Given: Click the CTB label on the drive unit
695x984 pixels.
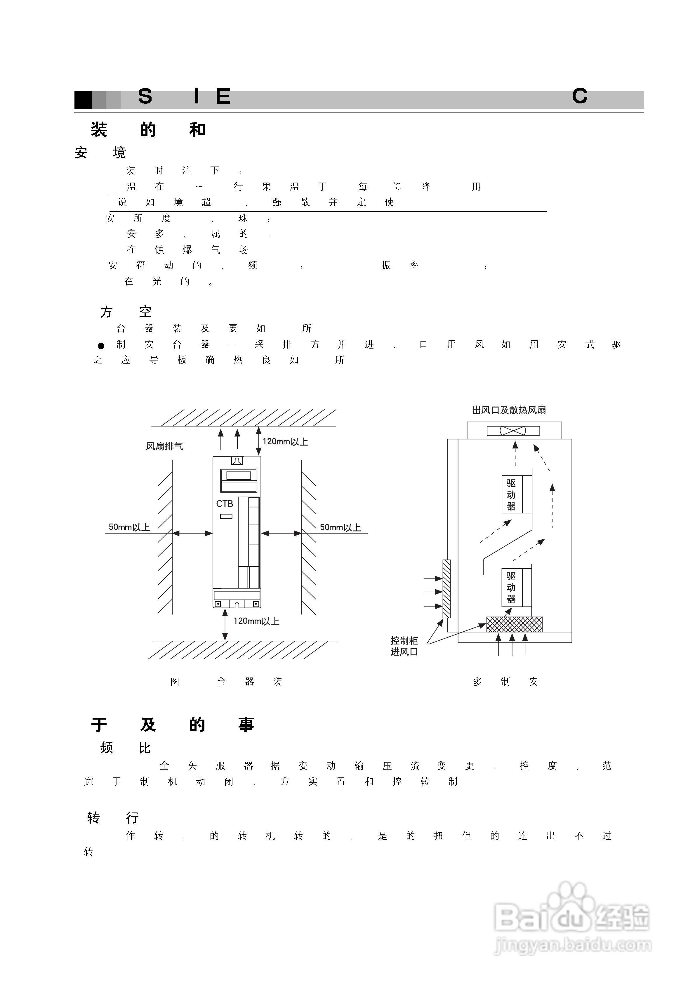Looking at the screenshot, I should [225, 504].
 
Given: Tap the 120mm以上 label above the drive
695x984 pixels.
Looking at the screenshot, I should [285, 442].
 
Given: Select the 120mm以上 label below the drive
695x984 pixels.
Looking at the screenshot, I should [256, 621].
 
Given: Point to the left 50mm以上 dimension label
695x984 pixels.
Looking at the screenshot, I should [129, 527].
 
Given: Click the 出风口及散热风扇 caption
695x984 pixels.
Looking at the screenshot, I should [509, 410].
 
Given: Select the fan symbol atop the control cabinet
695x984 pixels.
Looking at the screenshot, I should [513, 430].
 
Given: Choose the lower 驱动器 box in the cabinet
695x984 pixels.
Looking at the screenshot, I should [512, 587].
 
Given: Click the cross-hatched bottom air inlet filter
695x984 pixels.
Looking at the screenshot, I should [514, 624].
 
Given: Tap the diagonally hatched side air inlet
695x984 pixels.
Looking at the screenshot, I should [446, 588].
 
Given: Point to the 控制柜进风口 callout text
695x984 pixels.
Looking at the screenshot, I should [404, 646].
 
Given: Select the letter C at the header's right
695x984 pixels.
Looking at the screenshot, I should [579, 96].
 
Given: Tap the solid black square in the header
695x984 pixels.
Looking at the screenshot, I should [83, 100].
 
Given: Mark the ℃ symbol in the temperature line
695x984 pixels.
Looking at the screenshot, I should [397, 186].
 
